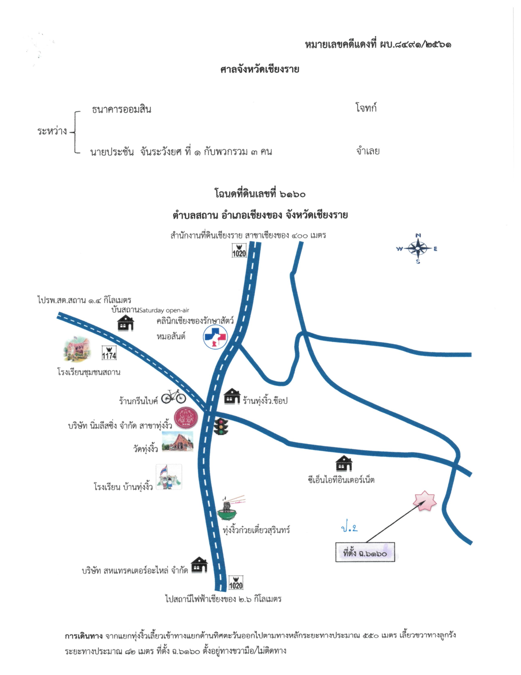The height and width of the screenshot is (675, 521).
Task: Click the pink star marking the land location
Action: (425, 501)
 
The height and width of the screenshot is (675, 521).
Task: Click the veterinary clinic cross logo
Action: (215, 337)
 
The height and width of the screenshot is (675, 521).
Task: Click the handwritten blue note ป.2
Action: (349, 528)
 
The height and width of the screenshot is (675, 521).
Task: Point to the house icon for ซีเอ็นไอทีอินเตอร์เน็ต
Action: (344, 463)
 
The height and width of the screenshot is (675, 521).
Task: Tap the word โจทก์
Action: (366, 108)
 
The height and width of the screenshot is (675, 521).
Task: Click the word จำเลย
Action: (368, 151)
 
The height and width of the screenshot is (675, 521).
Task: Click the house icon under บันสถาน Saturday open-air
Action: (126, 323)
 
